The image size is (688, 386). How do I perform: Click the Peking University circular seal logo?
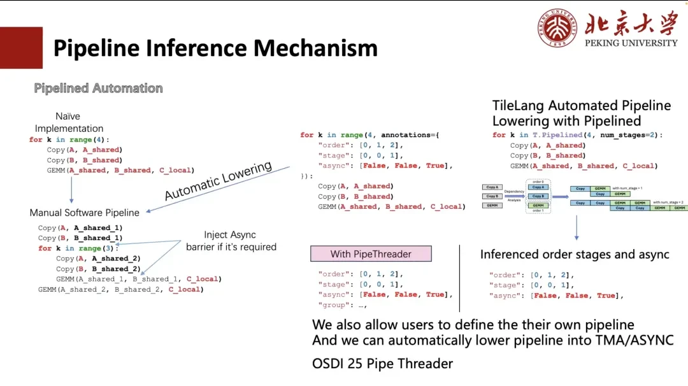coord(558,28)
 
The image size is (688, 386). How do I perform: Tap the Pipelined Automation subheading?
coord(98,88)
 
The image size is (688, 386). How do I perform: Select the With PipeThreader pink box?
coord(371,254)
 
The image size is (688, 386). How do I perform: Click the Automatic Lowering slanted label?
coord(218,181)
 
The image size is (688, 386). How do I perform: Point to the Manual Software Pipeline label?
coord(84,212)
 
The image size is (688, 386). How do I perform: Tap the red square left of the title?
coord(21,48)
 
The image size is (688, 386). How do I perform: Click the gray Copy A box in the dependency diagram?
coord(492,187)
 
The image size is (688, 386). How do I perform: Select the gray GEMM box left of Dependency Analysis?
coord(492,206)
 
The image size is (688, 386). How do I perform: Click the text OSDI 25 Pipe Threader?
coord(382,364)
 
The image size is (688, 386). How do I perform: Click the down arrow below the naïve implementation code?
coord(71,189)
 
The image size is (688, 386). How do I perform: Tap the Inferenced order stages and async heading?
coord(575,254)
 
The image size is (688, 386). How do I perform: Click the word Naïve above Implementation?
coord(68,117)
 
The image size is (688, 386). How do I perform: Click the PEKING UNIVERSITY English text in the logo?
coord(631,43)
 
